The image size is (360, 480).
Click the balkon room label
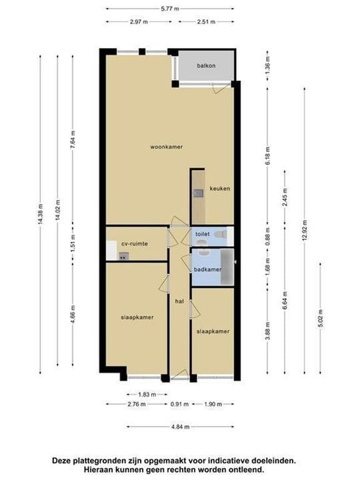click(206, 65)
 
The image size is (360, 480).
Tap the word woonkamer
click(166, 147)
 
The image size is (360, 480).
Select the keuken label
click(219, 189)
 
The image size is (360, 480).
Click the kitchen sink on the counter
click(199, 193)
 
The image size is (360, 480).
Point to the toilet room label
click(203, 234)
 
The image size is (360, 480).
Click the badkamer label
click(207, 270)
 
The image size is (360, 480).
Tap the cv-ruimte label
click(135, 244)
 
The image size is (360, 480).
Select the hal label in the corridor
click(179, 301)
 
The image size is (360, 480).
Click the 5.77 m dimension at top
click(170, 9)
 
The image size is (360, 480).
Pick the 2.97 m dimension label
click(139, 22)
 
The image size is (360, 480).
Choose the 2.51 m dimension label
click(206, 22)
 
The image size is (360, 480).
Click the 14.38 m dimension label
click(41, 214)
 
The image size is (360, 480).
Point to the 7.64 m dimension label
click(73, 139)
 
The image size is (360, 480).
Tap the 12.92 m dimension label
click(304, 230)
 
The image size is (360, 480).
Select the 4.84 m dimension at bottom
click(180, 427)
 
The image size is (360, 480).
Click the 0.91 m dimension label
click(179, 404)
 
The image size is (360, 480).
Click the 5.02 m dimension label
click(321, 319)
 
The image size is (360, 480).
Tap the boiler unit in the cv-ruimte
click(123, 257)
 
